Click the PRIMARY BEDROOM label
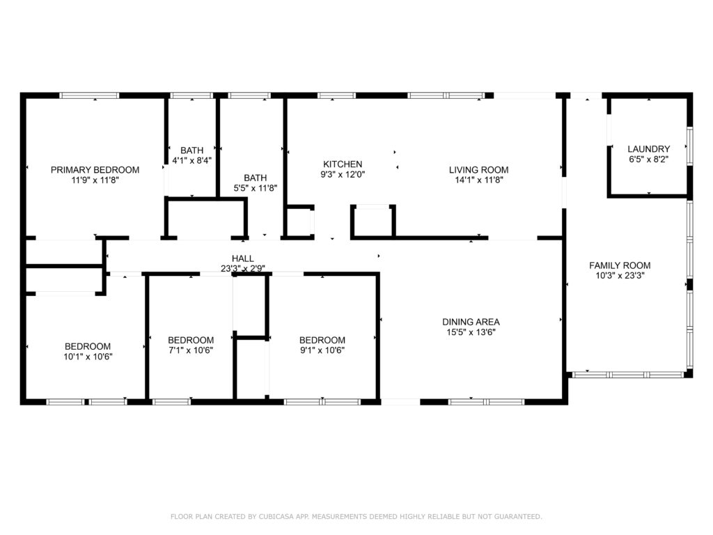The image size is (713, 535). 95,170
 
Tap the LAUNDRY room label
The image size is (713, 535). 648,149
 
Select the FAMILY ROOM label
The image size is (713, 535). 620,265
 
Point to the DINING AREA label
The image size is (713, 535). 471,322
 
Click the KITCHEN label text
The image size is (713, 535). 343,164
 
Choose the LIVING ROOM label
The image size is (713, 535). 478,170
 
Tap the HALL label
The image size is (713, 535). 242,258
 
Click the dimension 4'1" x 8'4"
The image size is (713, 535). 192,160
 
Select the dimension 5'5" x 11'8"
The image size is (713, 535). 255,188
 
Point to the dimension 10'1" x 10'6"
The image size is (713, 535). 88,357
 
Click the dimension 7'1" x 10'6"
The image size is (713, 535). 191,350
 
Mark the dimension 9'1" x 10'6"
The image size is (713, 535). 322,350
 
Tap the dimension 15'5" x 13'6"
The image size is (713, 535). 471,332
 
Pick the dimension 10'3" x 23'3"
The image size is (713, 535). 620,276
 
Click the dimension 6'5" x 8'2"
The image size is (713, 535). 648,160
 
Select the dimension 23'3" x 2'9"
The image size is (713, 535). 242,268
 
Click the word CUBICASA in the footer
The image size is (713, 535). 276,516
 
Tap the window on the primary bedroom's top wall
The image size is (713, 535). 89,95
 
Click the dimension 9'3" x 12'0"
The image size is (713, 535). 343,174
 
